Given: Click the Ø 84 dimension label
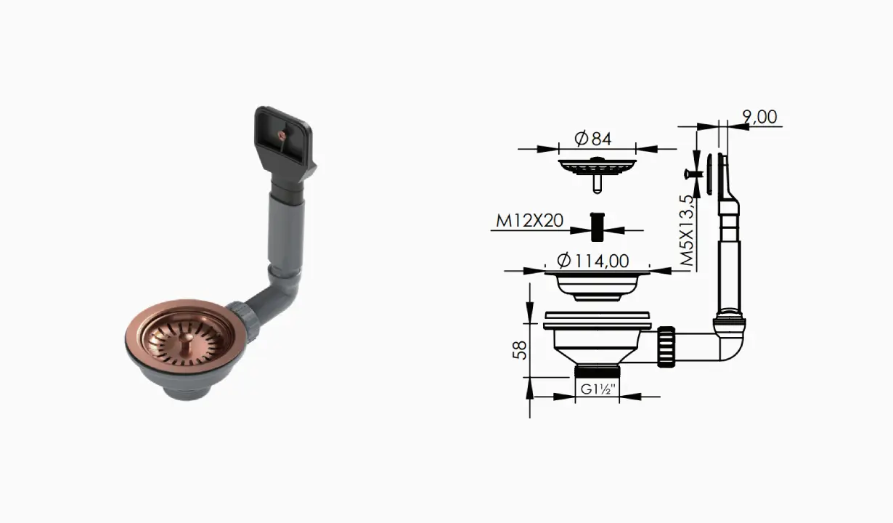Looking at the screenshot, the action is (593, 139).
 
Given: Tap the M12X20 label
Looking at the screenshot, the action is (529, 221).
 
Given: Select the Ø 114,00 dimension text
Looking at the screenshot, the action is (593, 261).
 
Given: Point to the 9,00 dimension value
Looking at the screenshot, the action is (759, 117).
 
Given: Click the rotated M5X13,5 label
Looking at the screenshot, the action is (687, 230).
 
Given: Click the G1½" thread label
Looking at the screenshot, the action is (598, 389).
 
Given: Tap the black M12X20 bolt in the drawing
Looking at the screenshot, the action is (597, 227).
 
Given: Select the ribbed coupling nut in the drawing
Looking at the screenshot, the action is (666, 346).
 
